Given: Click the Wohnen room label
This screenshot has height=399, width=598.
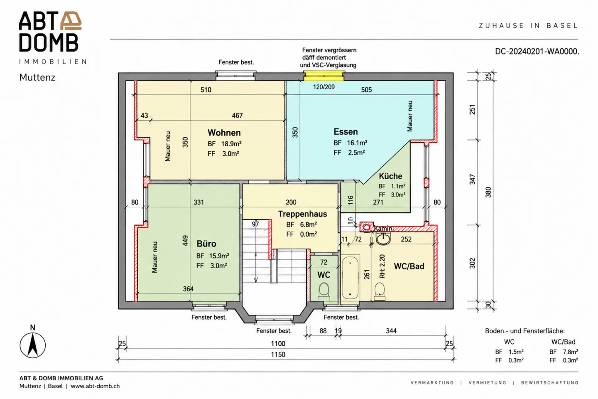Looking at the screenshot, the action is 224,133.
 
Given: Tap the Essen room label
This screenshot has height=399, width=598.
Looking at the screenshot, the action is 346,131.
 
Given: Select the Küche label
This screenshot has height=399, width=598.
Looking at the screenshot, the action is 390,176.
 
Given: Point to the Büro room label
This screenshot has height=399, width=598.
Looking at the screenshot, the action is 206,244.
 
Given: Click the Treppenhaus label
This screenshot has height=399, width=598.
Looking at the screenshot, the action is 302,214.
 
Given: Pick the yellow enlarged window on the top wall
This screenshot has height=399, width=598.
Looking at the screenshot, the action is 324,76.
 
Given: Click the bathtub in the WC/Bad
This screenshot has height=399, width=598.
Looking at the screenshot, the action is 350,278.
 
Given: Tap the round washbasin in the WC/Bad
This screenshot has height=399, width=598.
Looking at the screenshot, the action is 383,239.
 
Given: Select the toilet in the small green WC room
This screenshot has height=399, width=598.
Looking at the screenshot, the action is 324,292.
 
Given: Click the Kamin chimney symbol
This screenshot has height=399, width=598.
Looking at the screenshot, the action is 367,227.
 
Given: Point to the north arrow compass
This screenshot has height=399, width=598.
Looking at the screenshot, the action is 32,345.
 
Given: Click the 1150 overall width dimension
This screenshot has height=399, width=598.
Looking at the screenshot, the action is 278,355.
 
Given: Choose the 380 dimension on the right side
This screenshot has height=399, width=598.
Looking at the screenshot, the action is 488,192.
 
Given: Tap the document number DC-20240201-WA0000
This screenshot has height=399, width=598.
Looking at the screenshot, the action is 537,51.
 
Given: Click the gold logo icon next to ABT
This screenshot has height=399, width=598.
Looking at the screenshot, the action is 71,20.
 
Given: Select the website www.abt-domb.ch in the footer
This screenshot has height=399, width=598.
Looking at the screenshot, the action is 95,386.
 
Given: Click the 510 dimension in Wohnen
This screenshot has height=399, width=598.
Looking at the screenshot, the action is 206,90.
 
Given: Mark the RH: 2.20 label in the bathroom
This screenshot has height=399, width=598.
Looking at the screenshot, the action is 382,266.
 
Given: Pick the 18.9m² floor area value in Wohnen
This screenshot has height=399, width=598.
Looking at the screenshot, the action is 231,144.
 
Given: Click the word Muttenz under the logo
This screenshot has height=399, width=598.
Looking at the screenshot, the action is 37,77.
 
